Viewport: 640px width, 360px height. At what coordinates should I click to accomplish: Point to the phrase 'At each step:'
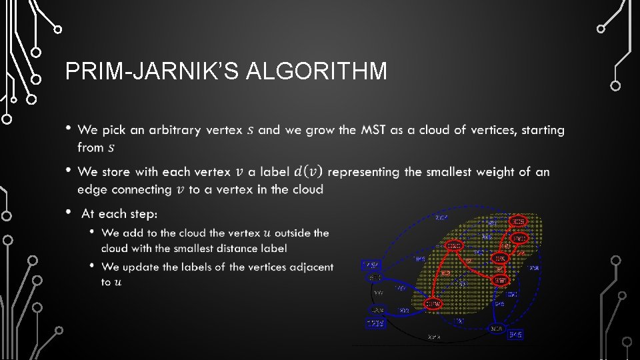pos(119,213)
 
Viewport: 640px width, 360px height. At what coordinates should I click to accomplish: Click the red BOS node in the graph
pos(519,221)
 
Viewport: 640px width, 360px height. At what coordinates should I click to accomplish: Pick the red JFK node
pos(500,258)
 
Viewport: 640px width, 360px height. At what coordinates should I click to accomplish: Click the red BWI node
pos(501,281)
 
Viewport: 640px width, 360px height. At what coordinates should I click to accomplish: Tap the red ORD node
pos(454,246)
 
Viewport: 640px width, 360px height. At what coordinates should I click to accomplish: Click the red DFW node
pos(433,304)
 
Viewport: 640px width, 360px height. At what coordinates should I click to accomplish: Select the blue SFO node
pos(375,277)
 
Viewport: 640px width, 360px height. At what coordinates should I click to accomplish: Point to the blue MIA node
pos(496,329)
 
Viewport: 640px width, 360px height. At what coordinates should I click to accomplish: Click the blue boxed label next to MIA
pos(515,334)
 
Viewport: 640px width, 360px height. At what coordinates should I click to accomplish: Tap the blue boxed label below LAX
pos(375,323)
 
